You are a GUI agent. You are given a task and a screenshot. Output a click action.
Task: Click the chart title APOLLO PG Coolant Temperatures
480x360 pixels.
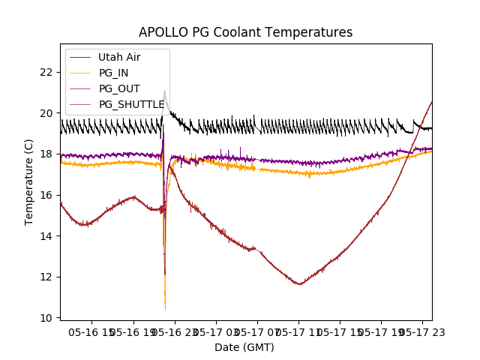(x=245, y=33)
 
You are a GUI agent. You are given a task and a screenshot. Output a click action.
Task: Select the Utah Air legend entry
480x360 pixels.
(x=119, y=57)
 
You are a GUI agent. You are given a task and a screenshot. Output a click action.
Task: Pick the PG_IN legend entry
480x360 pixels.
(x=113, y=73)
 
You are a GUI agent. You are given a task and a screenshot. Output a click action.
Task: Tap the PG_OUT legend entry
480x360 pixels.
(x=119, y=88)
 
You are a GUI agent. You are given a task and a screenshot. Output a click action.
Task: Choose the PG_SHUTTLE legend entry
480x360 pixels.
(x=131, y=104)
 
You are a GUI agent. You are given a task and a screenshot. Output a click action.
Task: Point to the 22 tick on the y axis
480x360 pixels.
(x=46, y=72)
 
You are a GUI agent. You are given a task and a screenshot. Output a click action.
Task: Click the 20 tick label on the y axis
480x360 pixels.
(x=46, y=113)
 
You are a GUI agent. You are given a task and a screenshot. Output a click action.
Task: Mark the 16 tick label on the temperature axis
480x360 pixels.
(x=46, y=195)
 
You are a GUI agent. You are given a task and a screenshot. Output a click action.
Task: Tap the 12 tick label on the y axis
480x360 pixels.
(x=46, y=277)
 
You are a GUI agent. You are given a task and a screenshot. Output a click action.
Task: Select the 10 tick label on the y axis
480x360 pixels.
(x=46, y=318)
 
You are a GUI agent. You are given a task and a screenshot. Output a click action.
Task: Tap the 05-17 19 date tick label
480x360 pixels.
(x=382, y=331)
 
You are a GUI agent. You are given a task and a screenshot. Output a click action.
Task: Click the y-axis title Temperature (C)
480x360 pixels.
(x=29, y=182)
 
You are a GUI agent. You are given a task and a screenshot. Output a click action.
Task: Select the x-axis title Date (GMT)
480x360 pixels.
(x=244, y=347)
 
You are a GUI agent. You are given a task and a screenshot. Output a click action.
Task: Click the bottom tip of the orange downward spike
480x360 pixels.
(x=165, y=309)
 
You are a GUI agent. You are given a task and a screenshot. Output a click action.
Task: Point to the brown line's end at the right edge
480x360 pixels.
(x=431, y=102)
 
